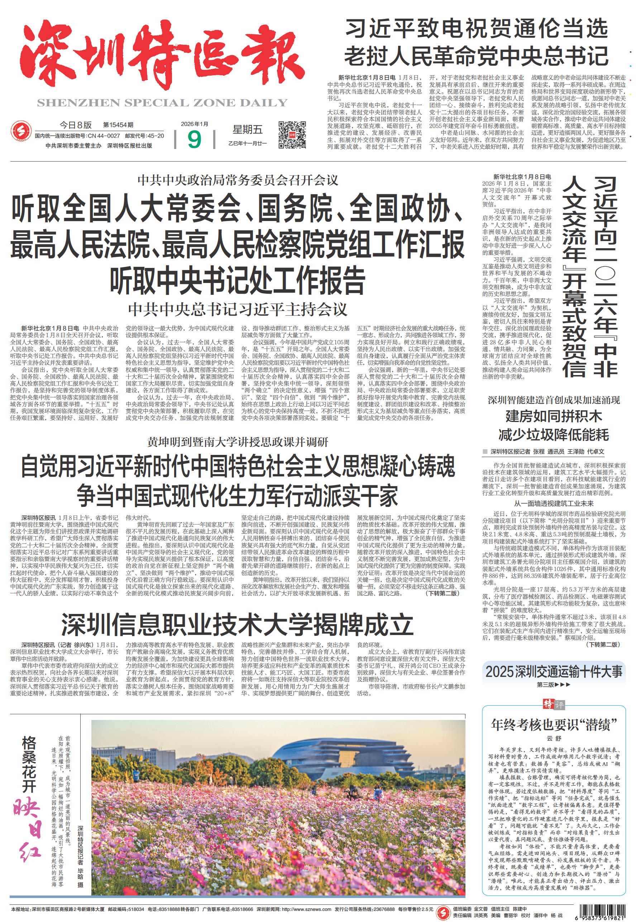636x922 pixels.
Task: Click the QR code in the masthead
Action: point(292,135)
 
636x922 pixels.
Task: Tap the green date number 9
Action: point(194,139)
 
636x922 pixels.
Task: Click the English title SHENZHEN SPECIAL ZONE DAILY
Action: point(162,103)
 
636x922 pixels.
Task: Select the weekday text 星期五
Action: point(248,129)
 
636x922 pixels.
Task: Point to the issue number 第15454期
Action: point(118,125)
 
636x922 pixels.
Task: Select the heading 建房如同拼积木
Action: point(554,417)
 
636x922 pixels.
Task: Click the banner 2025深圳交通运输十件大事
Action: point(554,672)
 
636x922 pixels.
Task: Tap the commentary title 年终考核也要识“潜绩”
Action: point(554,725)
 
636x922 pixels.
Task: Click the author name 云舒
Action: point(553,738)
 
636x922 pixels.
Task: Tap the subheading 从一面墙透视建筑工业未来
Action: point(554,503)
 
